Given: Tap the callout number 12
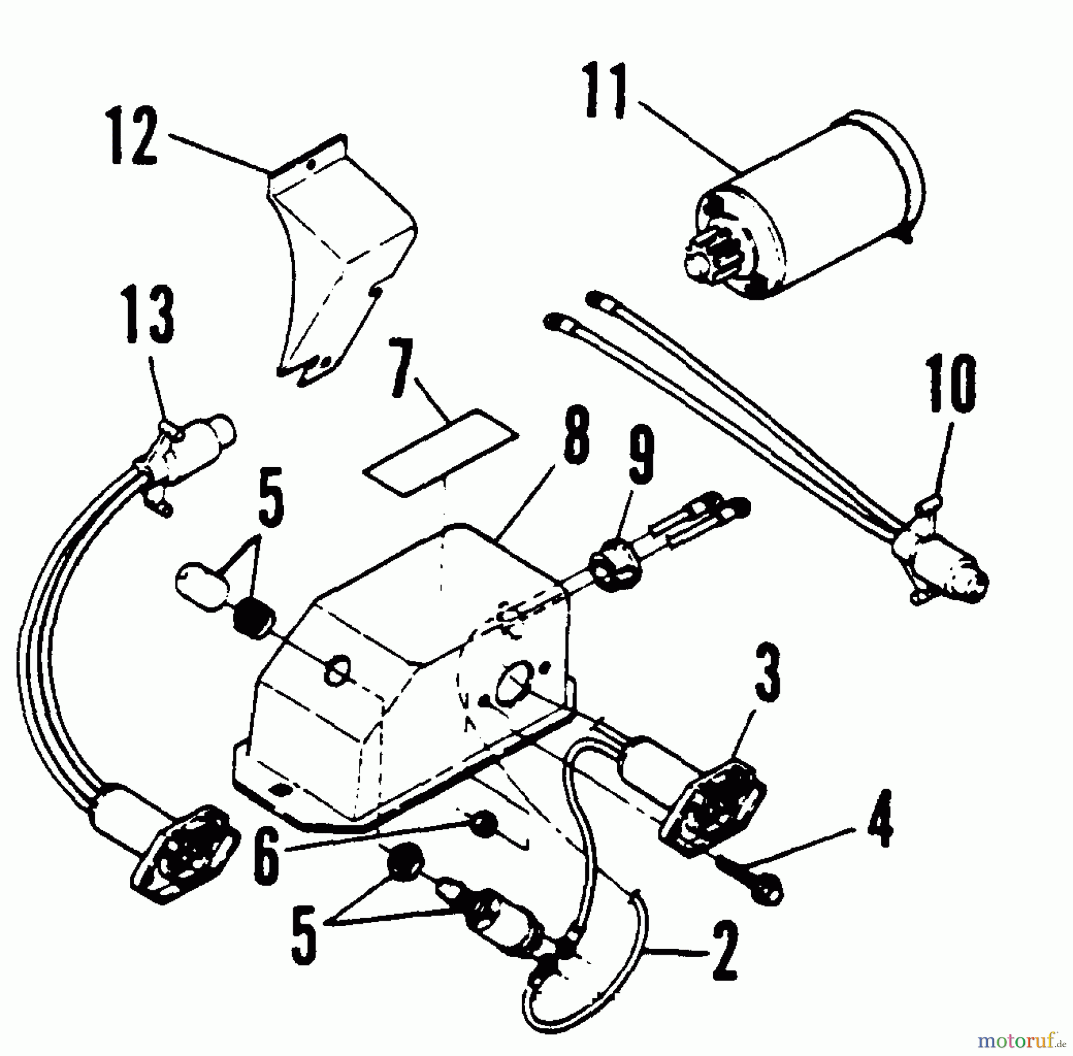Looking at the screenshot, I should (134, 136).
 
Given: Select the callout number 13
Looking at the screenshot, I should (149, 315).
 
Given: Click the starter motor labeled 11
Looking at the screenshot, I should (817, 203).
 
